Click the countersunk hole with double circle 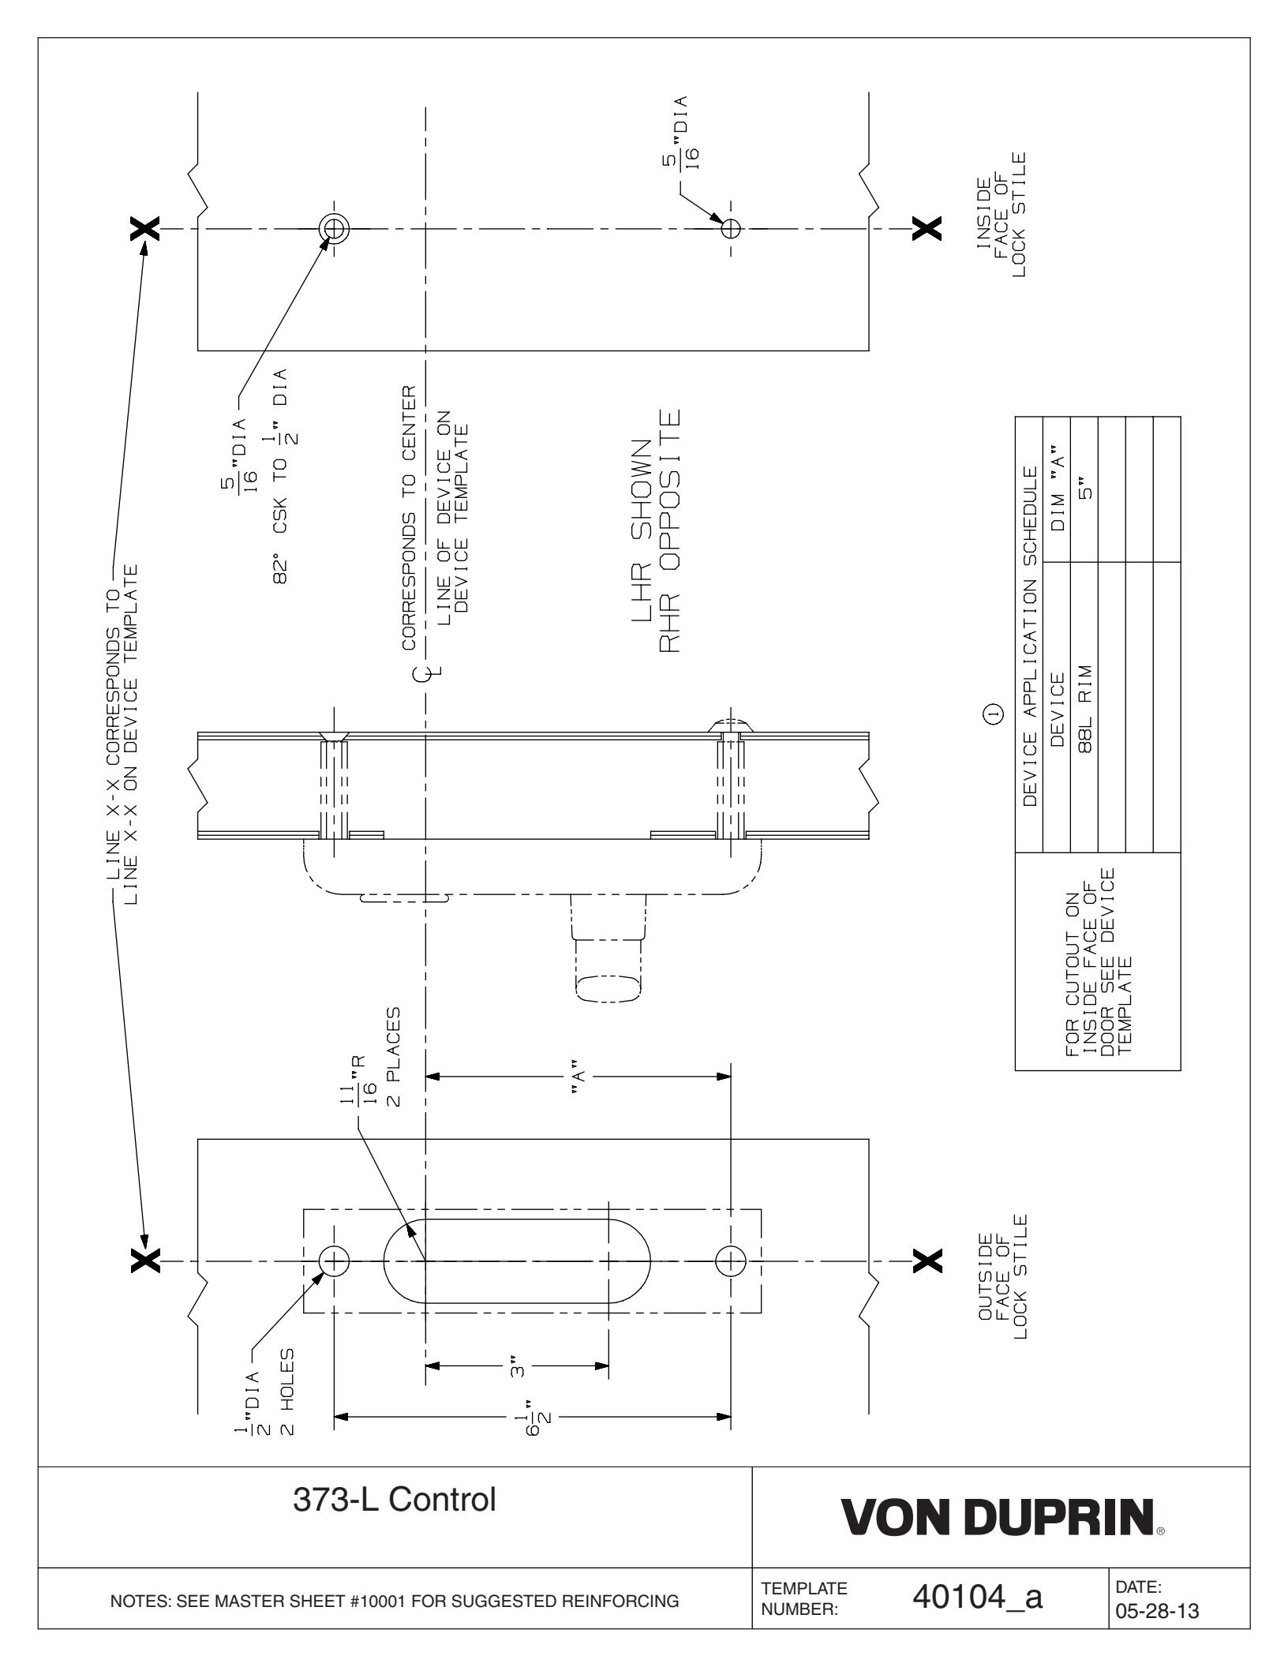point(334,228)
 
